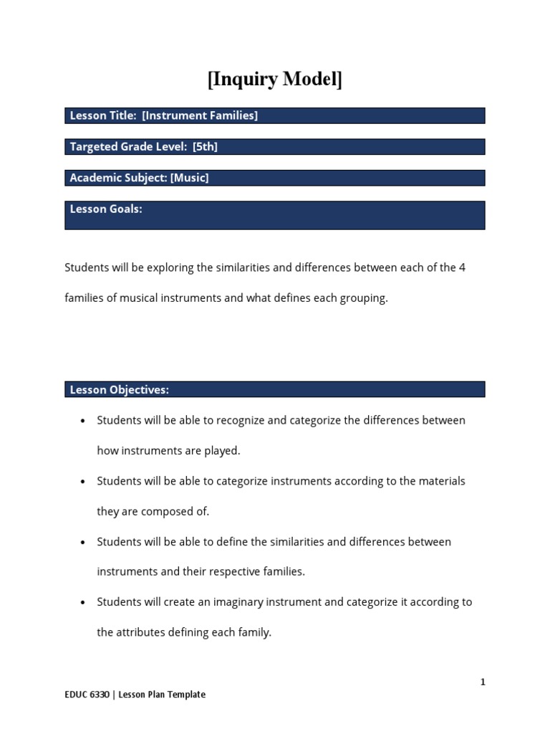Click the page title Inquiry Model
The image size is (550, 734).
pyautogui.click(x=275, y=80)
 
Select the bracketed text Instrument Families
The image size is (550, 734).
pyautogui.click(x=200, y=115)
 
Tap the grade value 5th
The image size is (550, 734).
pyautogui.click(x=205, y=147)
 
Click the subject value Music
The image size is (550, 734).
pyautogui.click(x=189, y=178)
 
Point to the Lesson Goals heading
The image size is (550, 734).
pyautogui.click(x=106, y=209)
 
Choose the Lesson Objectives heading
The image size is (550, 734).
pyautogui.click(x=119, y=390)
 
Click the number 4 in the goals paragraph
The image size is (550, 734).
pyautogui.click(x=463, y=267)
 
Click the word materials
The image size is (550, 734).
pyautogui.click(x=441, y=481)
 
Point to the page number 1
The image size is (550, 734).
pyautogui.click(x=483, y=682)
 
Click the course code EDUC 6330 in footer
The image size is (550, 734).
pyautogui.click(x=87, y=695)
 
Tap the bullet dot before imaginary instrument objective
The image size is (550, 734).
pyautogui.click(x=84, y=603)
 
